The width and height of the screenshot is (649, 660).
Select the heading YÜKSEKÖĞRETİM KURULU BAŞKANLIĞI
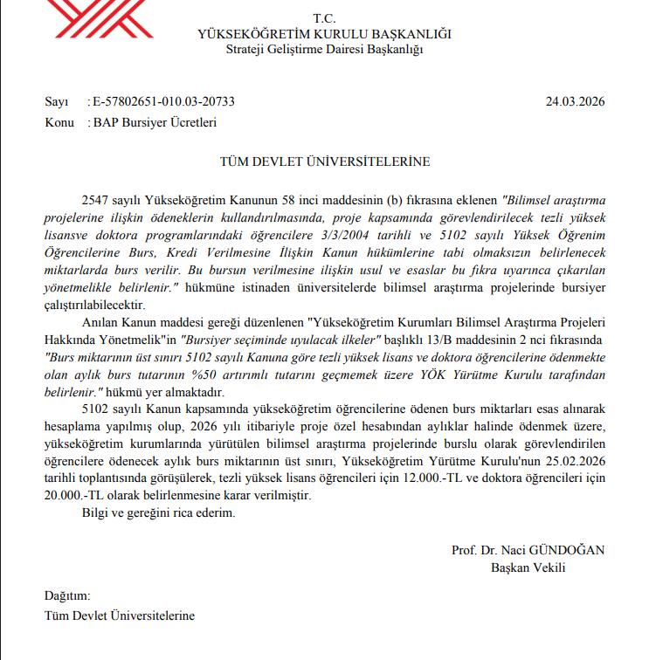pyautogui.click(x=324, y=34)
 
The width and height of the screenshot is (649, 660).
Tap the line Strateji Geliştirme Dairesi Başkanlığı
pyautogui.click(x=324, y=49)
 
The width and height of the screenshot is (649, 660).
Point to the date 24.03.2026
pyautogui.click(x=576, y=101)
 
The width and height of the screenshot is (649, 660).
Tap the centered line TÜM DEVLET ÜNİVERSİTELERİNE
pyautogui.click(x=324, y=162)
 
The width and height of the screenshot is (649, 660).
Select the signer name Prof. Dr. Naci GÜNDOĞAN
pyautogui.click(x=528, y=551)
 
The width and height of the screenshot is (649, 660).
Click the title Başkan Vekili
pyautogui.click(x=528, y=567)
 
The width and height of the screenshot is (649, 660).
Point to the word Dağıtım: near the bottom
pyautogui.click(x=67, y=596)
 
